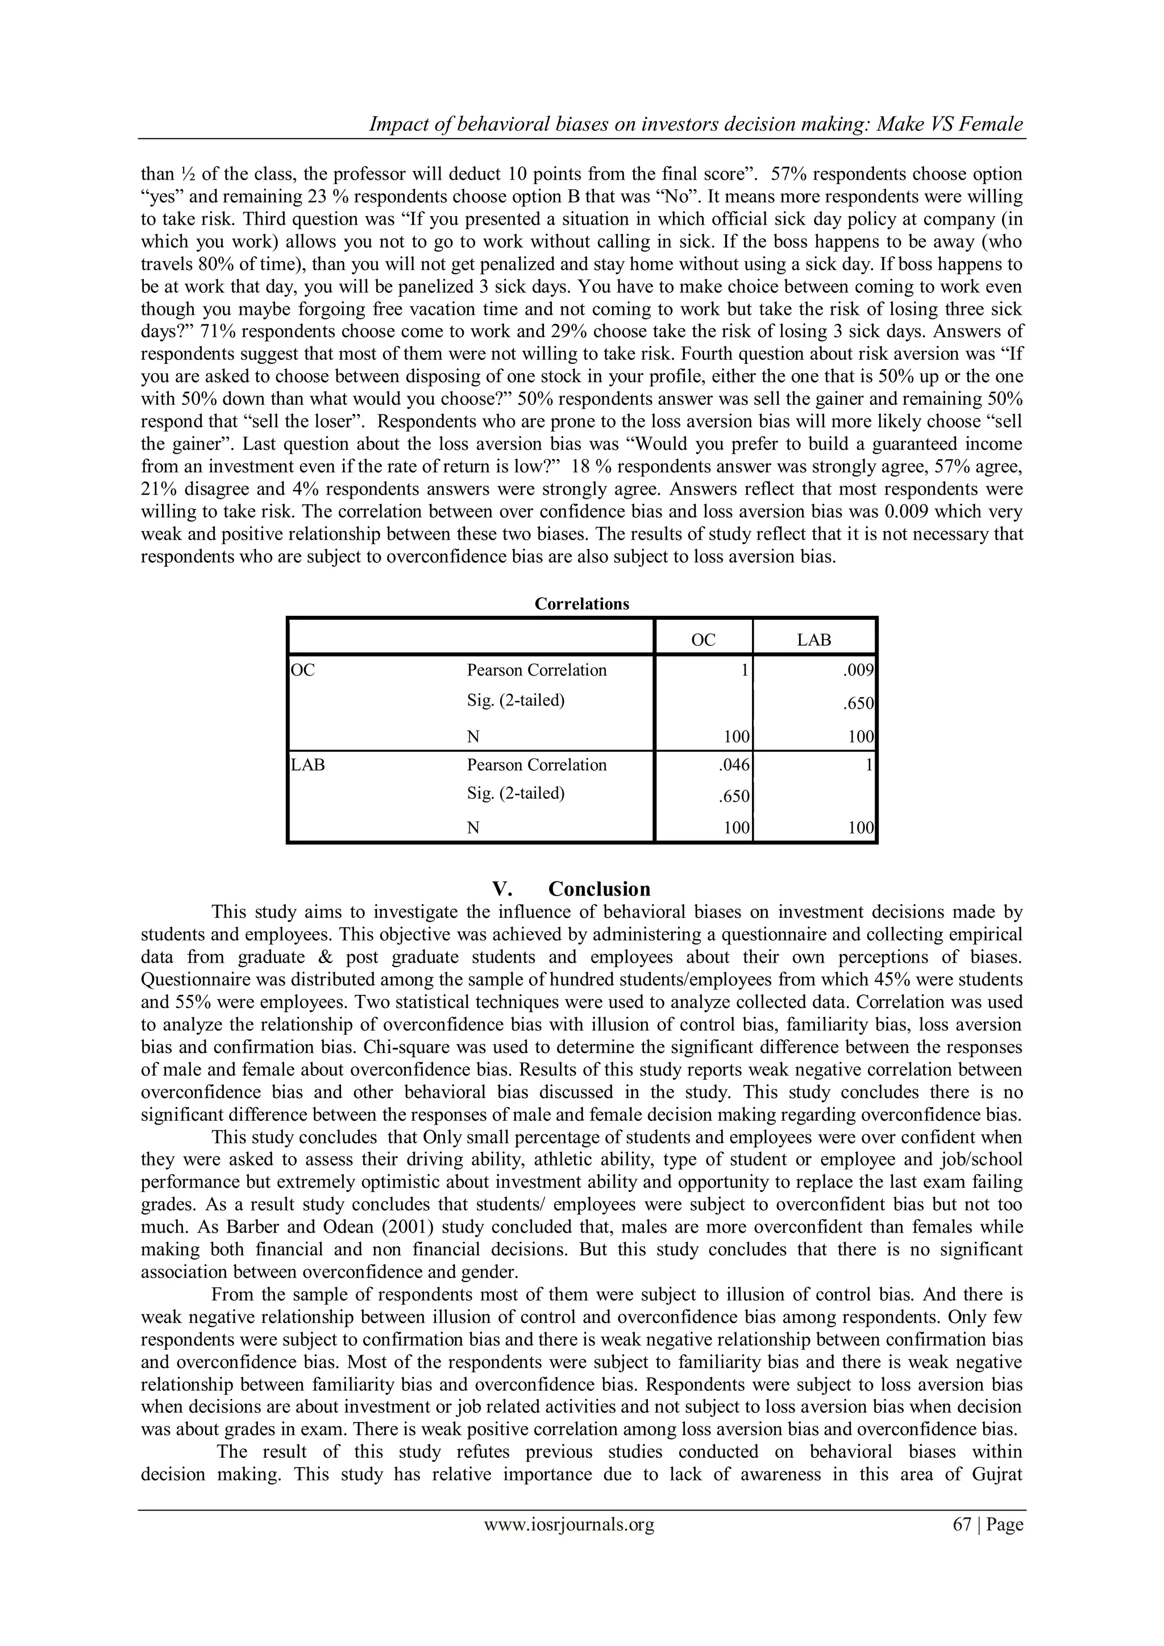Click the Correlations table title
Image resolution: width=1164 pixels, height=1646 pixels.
581,604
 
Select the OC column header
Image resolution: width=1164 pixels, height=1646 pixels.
702,640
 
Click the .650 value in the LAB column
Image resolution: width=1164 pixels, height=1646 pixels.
858,703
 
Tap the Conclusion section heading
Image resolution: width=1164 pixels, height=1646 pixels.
599,890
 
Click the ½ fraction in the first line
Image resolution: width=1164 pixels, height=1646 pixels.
189,174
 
